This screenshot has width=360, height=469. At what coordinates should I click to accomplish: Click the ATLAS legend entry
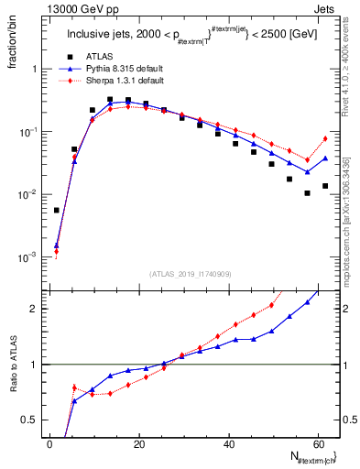(99, 57)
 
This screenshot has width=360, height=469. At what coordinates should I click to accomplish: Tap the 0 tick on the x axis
(49, 444)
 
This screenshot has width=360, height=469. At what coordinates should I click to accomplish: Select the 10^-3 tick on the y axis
(27, 257)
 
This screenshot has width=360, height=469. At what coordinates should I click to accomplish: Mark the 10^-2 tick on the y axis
(27, 194)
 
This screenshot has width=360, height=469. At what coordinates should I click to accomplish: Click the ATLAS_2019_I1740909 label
(191, 274)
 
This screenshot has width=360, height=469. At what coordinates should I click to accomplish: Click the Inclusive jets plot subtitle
(192, 36)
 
